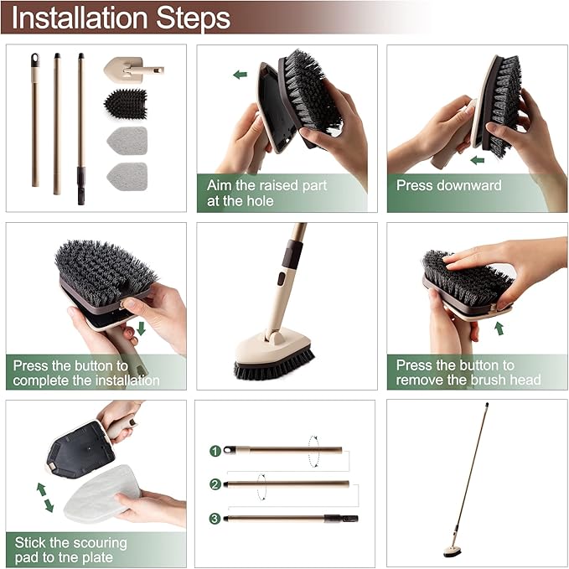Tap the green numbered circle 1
coord(215,451)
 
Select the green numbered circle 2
coord(215,484)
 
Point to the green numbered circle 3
coord(215,519)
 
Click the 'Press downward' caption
coord(448,185)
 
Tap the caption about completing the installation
coord(86,373)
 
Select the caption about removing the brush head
coord(468,373)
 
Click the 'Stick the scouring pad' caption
coord(71,551)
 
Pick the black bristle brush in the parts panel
coord(125,104)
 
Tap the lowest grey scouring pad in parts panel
coord(127,177)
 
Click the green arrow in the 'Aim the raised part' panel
coord(241,75)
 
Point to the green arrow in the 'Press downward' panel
coord(478,159)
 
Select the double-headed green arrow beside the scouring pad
coord(44,497)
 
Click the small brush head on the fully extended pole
coord(454,550)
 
